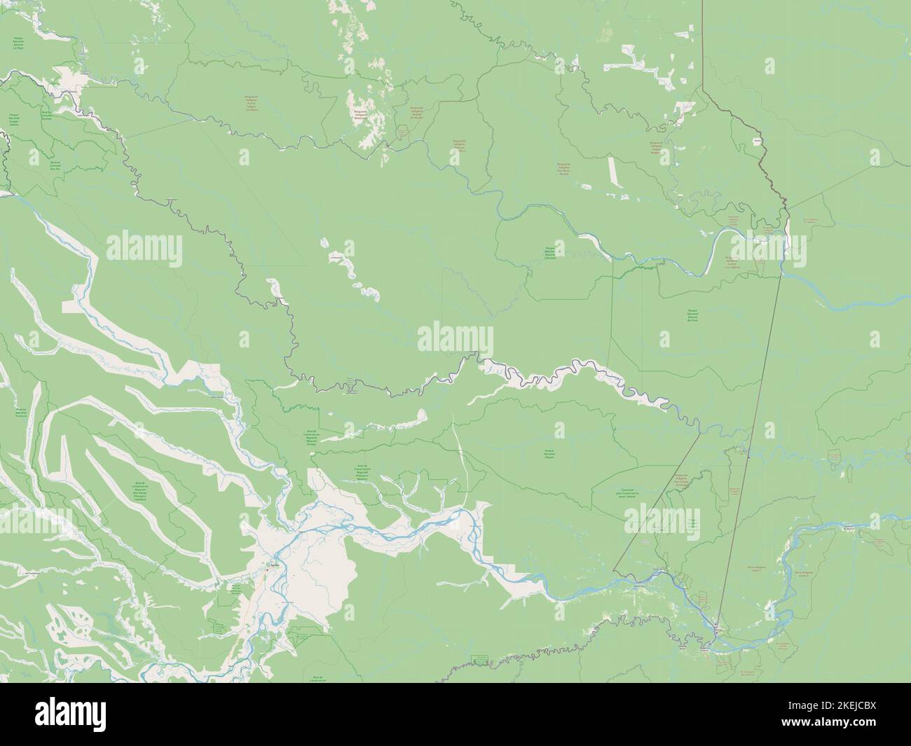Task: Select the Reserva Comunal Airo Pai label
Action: pos(55,165)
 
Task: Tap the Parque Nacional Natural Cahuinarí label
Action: pos(554,253)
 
